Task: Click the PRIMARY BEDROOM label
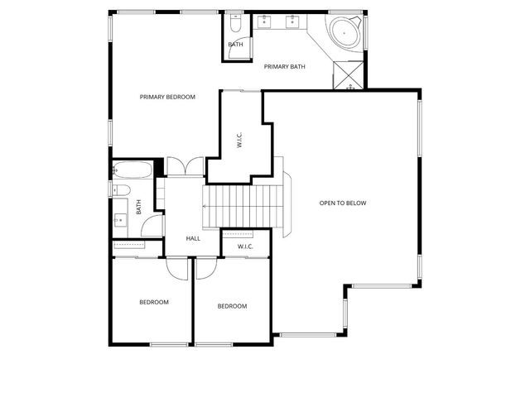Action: [167, 97]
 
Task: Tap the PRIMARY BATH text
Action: [284, 66]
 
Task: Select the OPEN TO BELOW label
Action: [343, 203]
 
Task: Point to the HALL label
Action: [193, 238]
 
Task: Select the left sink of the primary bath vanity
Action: [266, 22]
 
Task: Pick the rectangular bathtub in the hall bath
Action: [132, 172]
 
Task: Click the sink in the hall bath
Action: [121, 219]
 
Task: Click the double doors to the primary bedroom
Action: [185, 166]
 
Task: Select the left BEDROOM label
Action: [153, 302]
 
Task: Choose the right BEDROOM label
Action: [232, 306]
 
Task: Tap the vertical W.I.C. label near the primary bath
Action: [239, 140]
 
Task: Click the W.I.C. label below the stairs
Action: [245, 246]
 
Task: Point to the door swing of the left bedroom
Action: [176, 266]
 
